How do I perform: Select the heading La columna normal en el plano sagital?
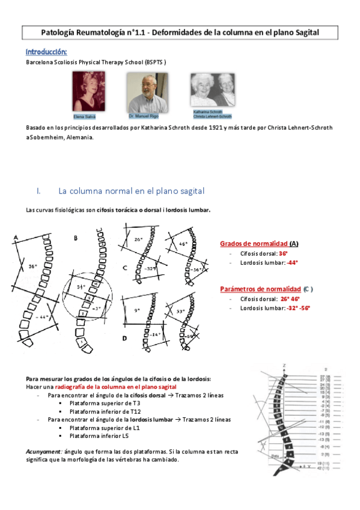(131, 191)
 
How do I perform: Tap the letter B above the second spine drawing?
(76, 238)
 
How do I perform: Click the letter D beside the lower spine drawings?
(124, 338)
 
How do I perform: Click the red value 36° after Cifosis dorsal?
(283, 254)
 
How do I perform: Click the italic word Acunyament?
(43, 450)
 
